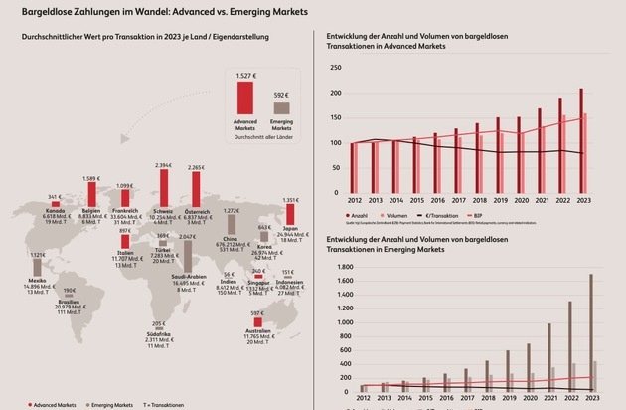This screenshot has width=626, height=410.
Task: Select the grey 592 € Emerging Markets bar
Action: point(282,107)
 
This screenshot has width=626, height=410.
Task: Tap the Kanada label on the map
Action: point(57,210)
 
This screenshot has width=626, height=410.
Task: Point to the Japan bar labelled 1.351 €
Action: point(291,212)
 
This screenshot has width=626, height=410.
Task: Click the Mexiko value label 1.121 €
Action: point(38,255)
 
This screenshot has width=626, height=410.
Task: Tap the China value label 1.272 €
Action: point(231,211)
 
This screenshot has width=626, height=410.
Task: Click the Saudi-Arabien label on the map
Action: point(160,278)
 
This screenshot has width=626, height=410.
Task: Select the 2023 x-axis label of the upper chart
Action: point(582,199)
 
